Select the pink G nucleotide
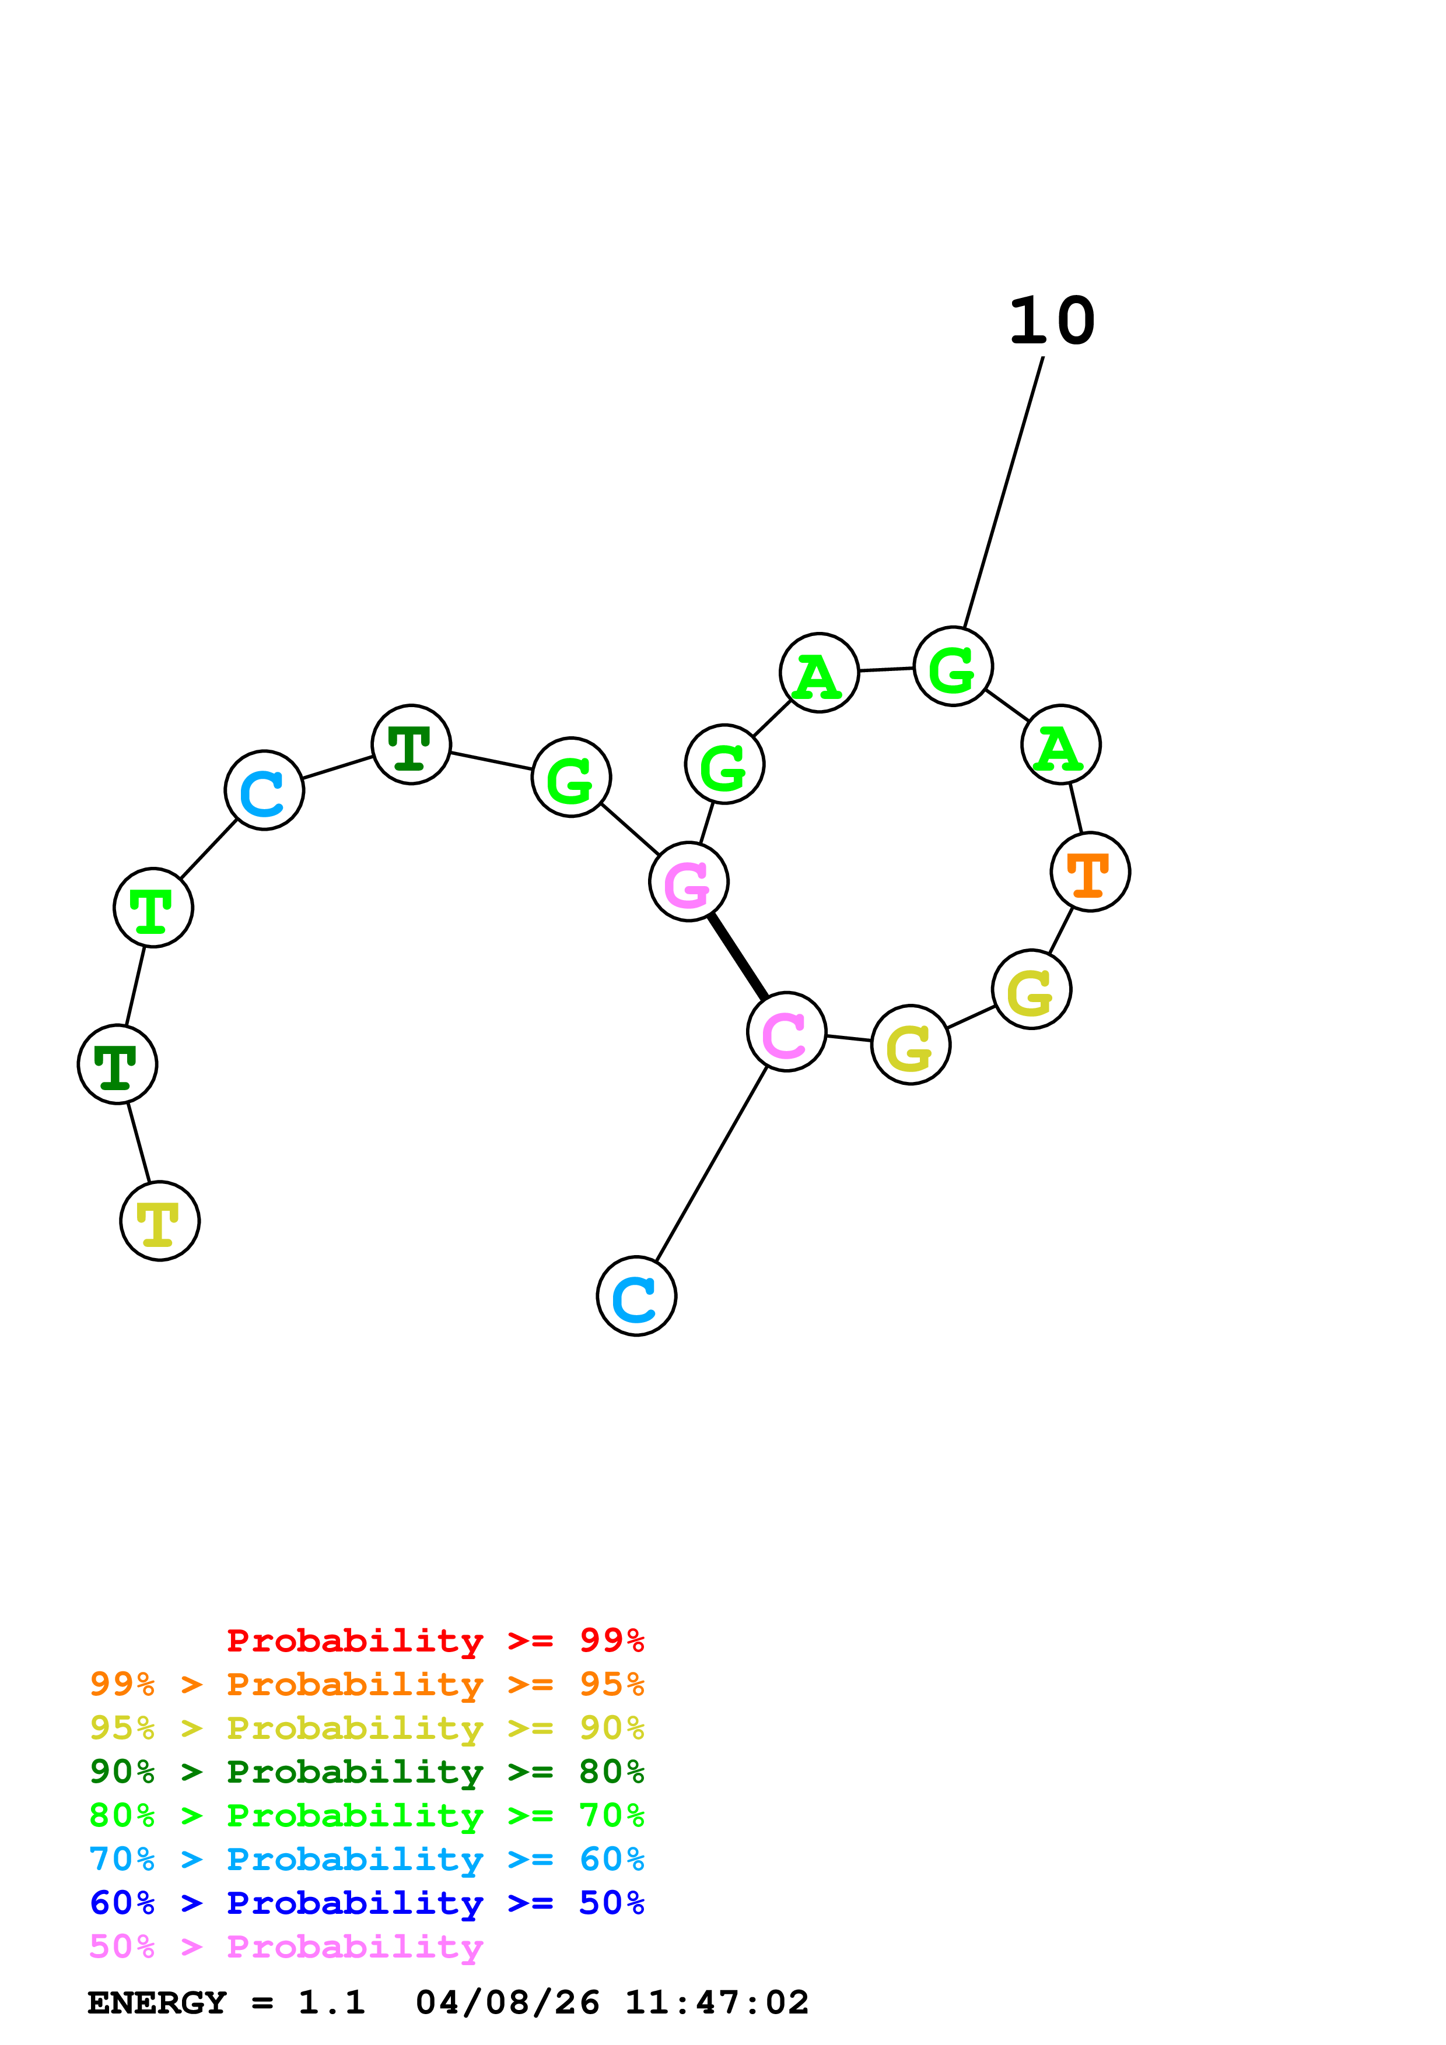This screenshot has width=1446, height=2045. click(x=689, y=882)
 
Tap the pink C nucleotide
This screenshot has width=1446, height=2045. click(x=787, y=1031)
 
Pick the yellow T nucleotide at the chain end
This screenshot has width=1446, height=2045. click(x=159, y=1221)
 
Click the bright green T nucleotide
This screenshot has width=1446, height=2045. click(x=153, y=908)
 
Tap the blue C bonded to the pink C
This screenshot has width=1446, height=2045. click(x=636, y=1296)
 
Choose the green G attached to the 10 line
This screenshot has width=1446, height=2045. click(x=953, y=666)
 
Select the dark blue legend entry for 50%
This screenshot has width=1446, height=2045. click(x=366, y=1903)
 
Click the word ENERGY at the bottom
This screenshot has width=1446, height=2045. click(x=157, y=2003)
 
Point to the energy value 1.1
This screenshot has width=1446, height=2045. click(x=331, y=2003)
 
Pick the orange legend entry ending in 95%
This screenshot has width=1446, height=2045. click(x=366, y=1684)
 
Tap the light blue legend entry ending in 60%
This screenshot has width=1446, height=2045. click(x=366, y=1860)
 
